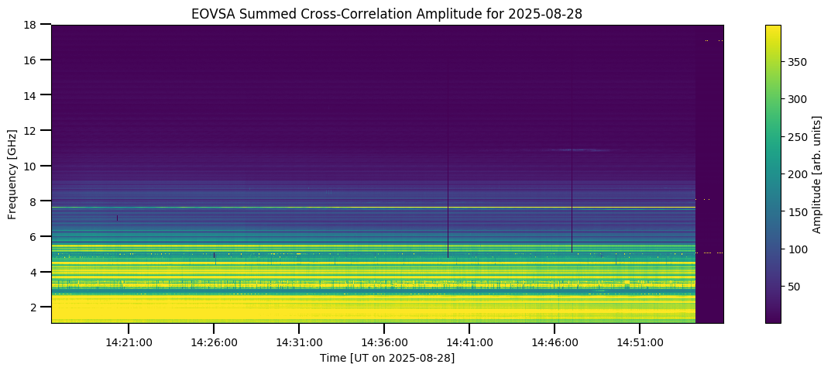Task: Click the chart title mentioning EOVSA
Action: [387, 13]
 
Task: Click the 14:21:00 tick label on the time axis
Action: [129, 342]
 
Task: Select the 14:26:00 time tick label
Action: [214, 342]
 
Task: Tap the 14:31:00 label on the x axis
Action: [299, 342]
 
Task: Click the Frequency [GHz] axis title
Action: [12, 174]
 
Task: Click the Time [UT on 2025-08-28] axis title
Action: [387, 358]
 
